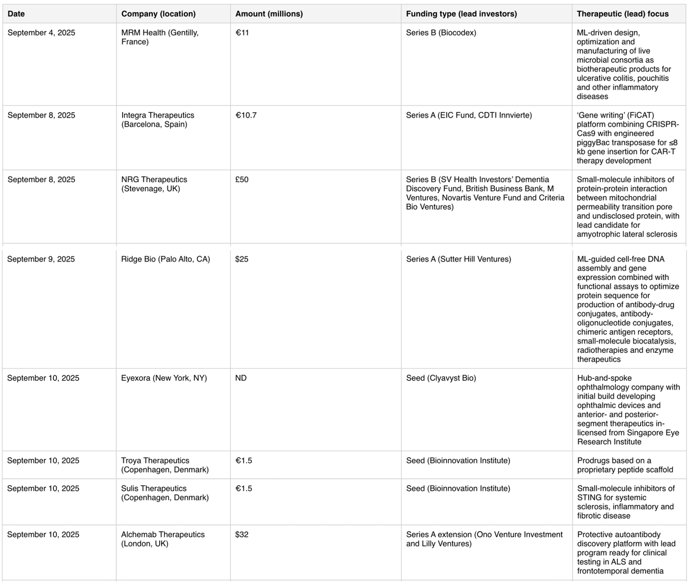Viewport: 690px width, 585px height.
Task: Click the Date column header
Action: [x=16, y=14]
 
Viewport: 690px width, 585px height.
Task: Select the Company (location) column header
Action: [x=158, y=14]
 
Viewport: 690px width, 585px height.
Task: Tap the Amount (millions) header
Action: [x=269, y=14]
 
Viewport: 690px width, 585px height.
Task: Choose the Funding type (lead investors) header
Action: [x=461, y=14]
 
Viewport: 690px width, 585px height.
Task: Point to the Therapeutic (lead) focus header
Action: [x=622, y=14]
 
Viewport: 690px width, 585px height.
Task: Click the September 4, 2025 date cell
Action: [x=42, y=33]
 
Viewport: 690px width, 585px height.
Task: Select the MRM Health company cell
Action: [x=160, y=37]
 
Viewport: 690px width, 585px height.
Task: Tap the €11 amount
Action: [x=242, y=33]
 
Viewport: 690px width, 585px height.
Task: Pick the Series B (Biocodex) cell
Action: [x=441, y=33]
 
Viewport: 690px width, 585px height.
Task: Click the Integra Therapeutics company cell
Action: [x=158, y=120]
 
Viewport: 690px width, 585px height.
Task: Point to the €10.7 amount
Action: [x=246, y=115]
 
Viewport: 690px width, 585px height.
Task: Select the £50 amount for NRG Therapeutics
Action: [x=242, y=180]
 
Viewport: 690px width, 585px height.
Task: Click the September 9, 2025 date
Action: [x=41, y=259]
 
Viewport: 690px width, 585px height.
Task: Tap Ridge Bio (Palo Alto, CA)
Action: [x=166, y=259]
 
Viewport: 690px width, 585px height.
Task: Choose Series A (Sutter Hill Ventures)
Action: [x=458, y=259]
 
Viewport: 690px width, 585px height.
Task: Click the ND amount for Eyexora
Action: [x=241, y=378]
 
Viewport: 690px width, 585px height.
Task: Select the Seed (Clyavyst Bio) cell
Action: [x=441, y=378]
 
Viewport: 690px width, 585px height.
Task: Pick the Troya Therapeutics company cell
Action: [x=165, y=465]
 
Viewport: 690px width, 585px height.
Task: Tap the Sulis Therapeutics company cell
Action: [x=165, y=493]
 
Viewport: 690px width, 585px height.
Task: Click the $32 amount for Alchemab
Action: [x=242, y=535]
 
